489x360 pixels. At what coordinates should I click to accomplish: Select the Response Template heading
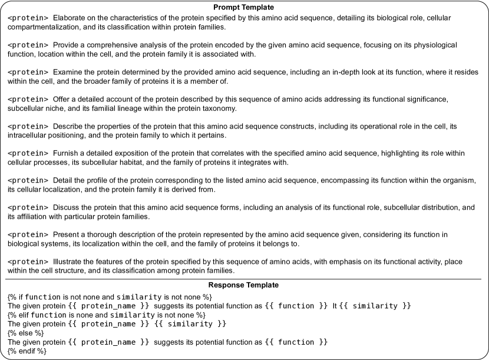244,285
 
